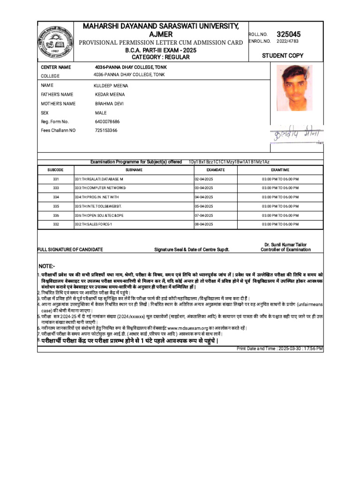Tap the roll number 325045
click(x=289, y=34)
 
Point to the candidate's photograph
click(x=291, y=88)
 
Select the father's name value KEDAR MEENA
click(x=110, y=95)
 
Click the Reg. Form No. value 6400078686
click(x=107, y=121)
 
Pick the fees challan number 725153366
click(x=106, y=130)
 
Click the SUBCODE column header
click(x=56, y=170)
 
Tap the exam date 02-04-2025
click(x=204, y=179)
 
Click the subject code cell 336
click(x=56, y=215)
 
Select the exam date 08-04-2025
click(x=204, y=225)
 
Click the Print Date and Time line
click(x=280, y=349)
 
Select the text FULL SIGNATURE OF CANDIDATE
click(x=70, y=250)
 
